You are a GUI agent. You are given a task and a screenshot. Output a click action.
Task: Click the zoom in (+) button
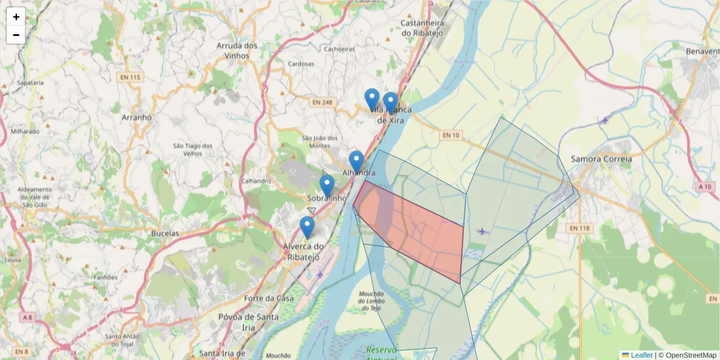click(x=16, y=17)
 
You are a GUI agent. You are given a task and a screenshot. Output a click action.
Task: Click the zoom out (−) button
click(x=16, y=35)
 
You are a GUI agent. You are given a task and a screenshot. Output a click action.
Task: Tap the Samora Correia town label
click(x=601, y=159)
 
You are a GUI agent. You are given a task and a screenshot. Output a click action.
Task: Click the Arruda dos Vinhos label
click(x=238, y=50)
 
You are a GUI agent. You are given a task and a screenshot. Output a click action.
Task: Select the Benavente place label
click(x=702, y=52)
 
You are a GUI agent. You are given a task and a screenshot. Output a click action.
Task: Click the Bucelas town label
click(x=165, y=233)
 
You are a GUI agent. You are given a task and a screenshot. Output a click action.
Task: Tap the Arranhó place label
click(x=137, y=118)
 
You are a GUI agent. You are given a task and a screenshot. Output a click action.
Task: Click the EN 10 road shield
click(x=451, y=136)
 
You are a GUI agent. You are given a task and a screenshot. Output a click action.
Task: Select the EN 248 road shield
click(x=322, y=103)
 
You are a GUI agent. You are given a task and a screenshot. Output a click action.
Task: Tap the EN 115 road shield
click(x=130, y=77)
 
